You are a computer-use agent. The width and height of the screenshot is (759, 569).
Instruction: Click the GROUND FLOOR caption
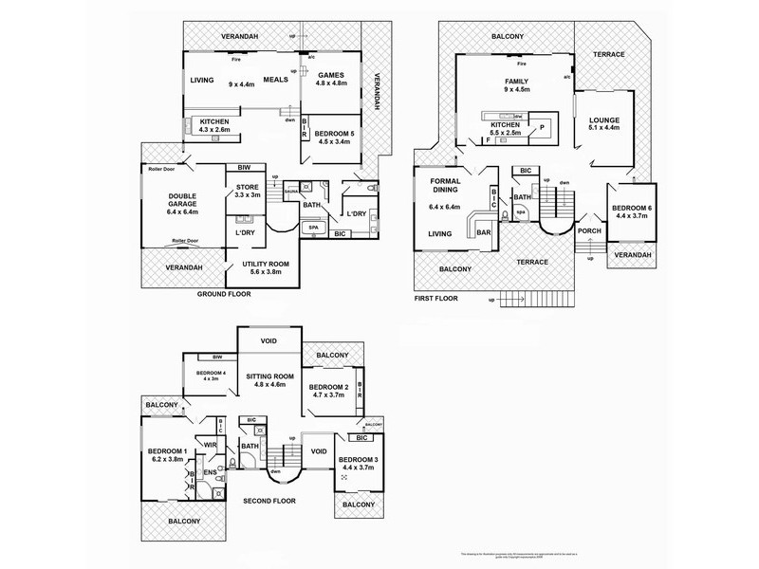click(x=224, y=295)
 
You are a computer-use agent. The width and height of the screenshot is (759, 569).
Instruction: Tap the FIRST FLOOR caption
click(x=436, y=298)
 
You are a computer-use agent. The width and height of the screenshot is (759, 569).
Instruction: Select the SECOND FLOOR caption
click(x=269, y=500)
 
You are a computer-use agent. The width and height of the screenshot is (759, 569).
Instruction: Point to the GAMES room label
click(x=331, y=75)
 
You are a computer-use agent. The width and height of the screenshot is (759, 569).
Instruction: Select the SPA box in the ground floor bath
click(x=309, y=229)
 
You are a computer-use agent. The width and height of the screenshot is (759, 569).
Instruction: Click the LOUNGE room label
click(x=603, y=120)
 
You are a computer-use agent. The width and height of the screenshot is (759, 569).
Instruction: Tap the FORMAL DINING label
click(x=445, y=186)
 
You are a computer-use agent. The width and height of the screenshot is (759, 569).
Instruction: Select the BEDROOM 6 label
click(x=630, y=208)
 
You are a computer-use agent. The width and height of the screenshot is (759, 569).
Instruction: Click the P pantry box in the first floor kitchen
click(x=543, y=126)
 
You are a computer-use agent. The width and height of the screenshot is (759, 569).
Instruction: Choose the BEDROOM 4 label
click(x=211, y=374)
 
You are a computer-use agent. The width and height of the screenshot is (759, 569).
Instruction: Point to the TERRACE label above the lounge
click(x=609, y=54)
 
